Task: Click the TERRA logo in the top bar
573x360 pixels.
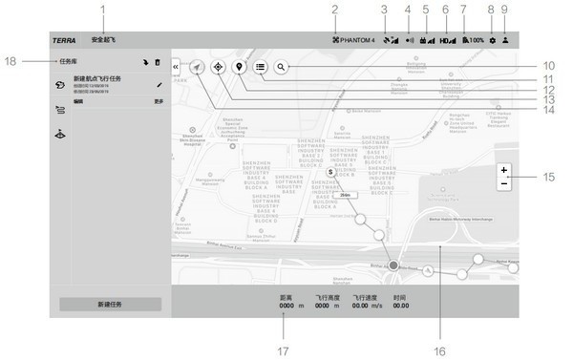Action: tap(64, 41)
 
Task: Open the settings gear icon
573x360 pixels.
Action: tap(492, 41)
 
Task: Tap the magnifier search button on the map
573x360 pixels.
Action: tap(281, 68)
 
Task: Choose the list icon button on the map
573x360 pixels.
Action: tap(260, 68)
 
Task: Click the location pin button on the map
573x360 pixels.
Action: tap(239, 68)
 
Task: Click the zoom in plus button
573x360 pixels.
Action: tap(503, 170)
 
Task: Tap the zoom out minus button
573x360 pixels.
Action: tap(503, 182)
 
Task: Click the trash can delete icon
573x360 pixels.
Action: tap(158, 62)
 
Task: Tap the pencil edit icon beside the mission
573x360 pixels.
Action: tap(159, 85)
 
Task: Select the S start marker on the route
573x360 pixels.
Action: tap(330, 173)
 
